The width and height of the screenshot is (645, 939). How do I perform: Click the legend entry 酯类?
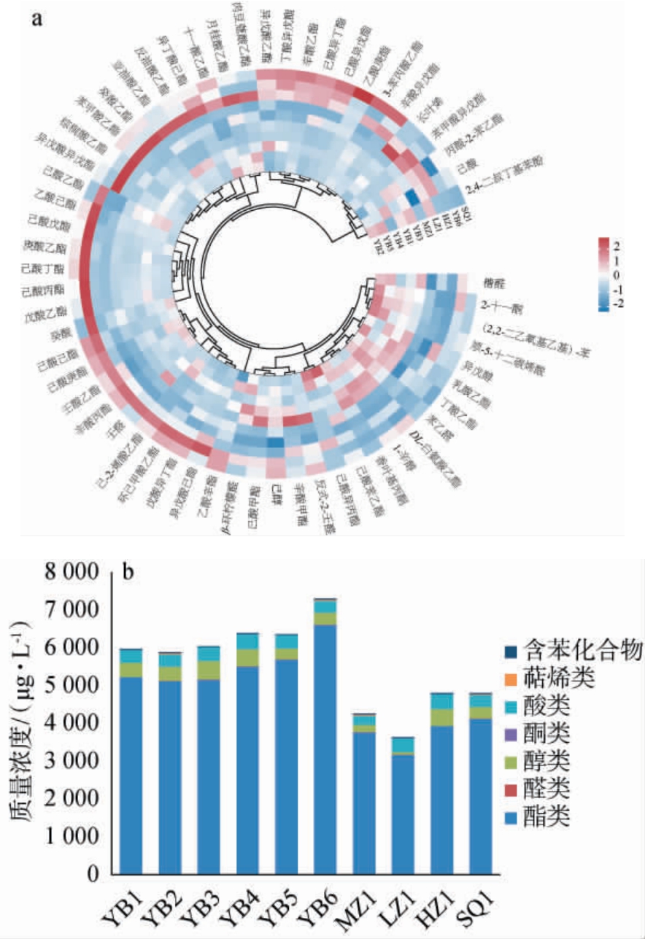[550, 816]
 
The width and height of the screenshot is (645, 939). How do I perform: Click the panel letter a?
[36, 18]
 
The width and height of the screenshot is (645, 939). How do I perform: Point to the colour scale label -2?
[617, 304]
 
